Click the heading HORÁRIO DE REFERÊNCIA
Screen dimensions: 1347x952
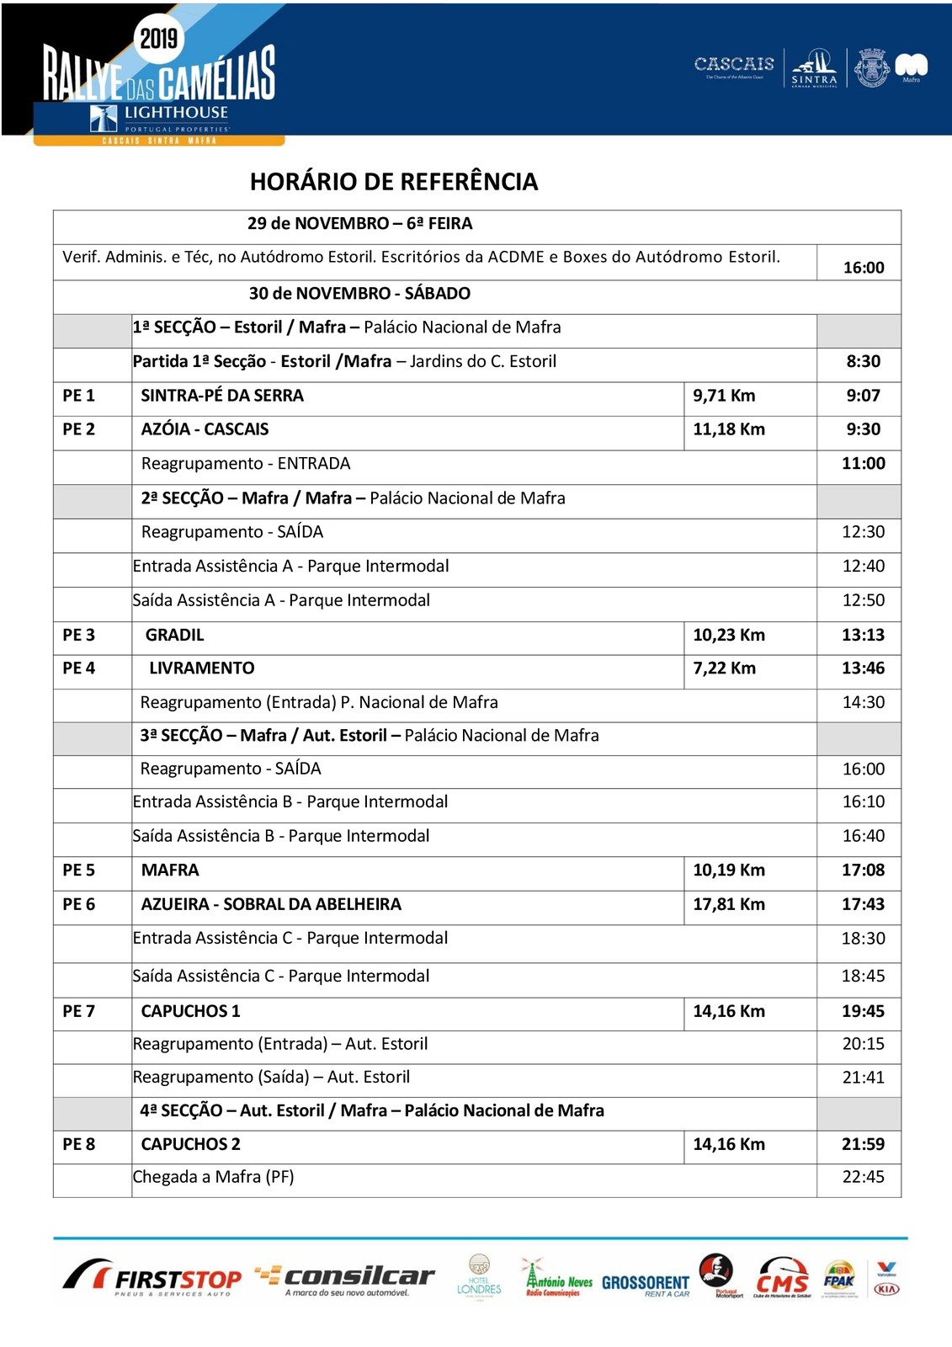click(393, 182)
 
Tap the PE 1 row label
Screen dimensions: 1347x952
click(78, 396)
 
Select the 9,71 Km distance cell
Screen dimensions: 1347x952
click(724, 396)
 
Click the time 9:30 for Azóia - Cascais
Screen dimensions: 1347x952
click(863, 429)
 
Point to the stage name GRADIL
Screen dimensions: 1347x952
click(174, 635)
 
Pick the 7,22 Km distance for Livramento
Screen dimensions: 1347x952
click(724, 668)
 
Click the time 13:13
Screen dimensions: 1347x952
click(863, 635)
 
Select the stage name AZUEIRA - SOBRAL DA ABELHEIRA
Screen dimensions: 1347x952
click(271, 904)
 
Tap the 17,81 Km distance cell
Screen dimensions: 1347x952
click(728, 904)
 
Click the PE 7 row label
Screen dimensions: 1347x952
click(78, 1011)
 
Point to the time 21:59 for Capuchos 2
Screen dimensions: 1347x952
click(863, 1144)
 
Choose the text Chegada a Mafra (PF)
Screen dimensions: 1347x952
click(214, 1177)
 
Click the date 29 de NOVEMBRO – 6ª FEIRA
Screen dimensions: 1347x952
click(359, 224)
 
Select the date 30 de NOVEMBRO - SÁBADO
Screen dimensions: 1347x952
click(359, 294)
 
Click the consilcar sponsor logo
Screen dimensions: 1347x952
click(345, 1278)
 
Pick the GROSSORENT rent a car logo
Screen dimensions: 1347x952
click(646, 1284)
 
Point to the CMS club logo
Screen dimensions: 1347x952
click(782, 1278)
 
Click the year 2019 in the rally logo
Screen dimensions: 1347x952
click(158, 38)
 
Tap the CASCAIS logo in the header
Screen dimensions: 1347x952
click(734, 65)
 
